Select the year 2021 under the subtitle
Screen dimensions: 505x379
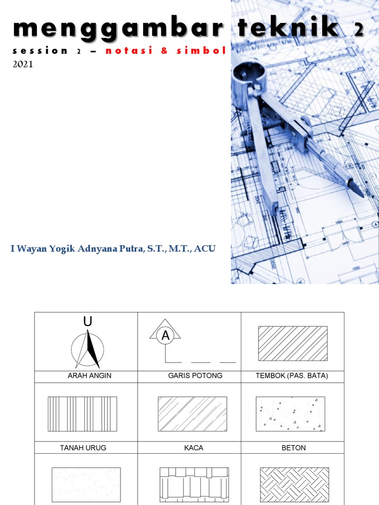click(x=23, y=64)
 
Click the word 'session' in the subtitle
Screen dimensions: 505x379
click(x=41, y=51)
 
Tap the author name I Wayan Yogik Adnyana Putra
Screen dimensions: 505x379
click(x=113, y=249)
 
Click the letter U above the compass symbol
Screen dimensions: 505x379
click(x=88, y=322)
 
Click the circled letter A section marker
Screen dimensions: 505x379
click(x=165, y=336)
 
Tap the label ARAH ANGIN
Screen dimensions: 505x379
click(x=89, y=376)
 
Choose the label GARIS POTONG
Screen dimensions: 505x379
click(x=195, y=376)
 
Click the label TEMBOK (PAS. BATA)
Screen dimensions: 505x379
click(x=292, y=376)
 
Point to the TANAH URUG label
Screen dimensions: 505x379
click(x=83, y=448)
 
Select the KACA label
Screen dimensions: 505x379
click(x=193, y=448)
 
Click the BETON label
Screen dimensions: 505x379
click(x=293, y=448)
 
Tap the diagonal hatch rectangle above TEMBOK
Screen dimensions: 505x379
click(x=293, y=343)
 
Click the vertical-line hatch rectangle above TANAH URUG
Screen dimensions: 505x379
click(x=82, y=414)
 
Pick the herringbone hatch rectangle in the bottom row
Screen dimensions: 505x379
click(x=294, y=485)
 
